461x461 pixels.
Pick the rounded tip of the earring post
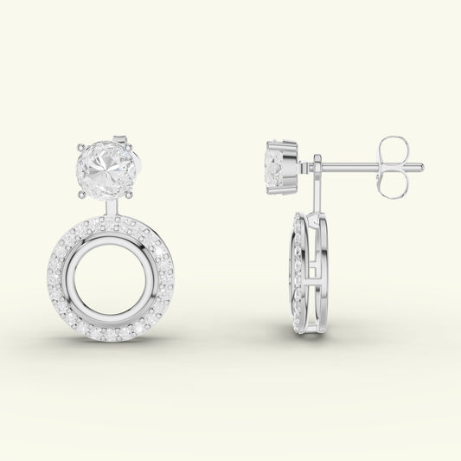tap(420, 166)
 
